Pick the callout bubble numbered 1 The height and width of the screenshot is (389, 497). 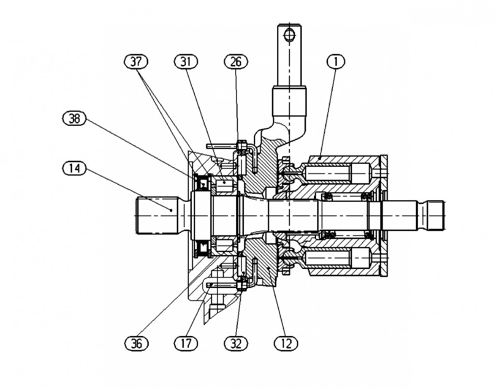point(336,62)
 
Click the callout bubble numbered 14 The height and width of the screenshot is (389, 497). point(72,168)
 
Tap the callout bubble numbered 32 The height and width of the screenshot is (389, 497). point(236,343)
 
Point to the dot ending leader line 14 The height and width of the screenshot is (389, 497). point(171,210)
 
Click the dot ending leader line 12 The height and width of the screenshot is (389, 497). point(269,269)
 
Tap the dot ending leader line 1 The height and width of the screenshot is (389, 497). point(321,158)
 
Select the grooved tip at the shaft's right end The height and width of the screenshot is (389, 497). point(436,215)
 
